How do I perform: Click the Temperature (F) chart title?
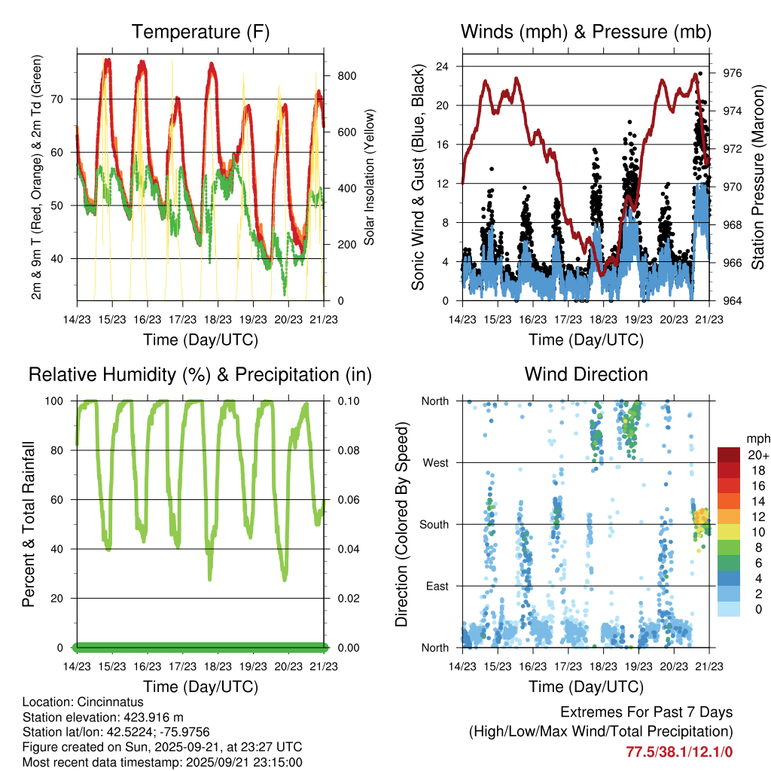[x=200, y=32]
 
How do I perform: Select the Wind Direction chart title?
[x=586, y=374]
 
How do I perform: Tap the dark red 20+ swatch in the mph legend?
[x=729, y=455]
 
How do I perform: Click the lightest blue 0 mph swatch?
[x=729, y=608]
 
